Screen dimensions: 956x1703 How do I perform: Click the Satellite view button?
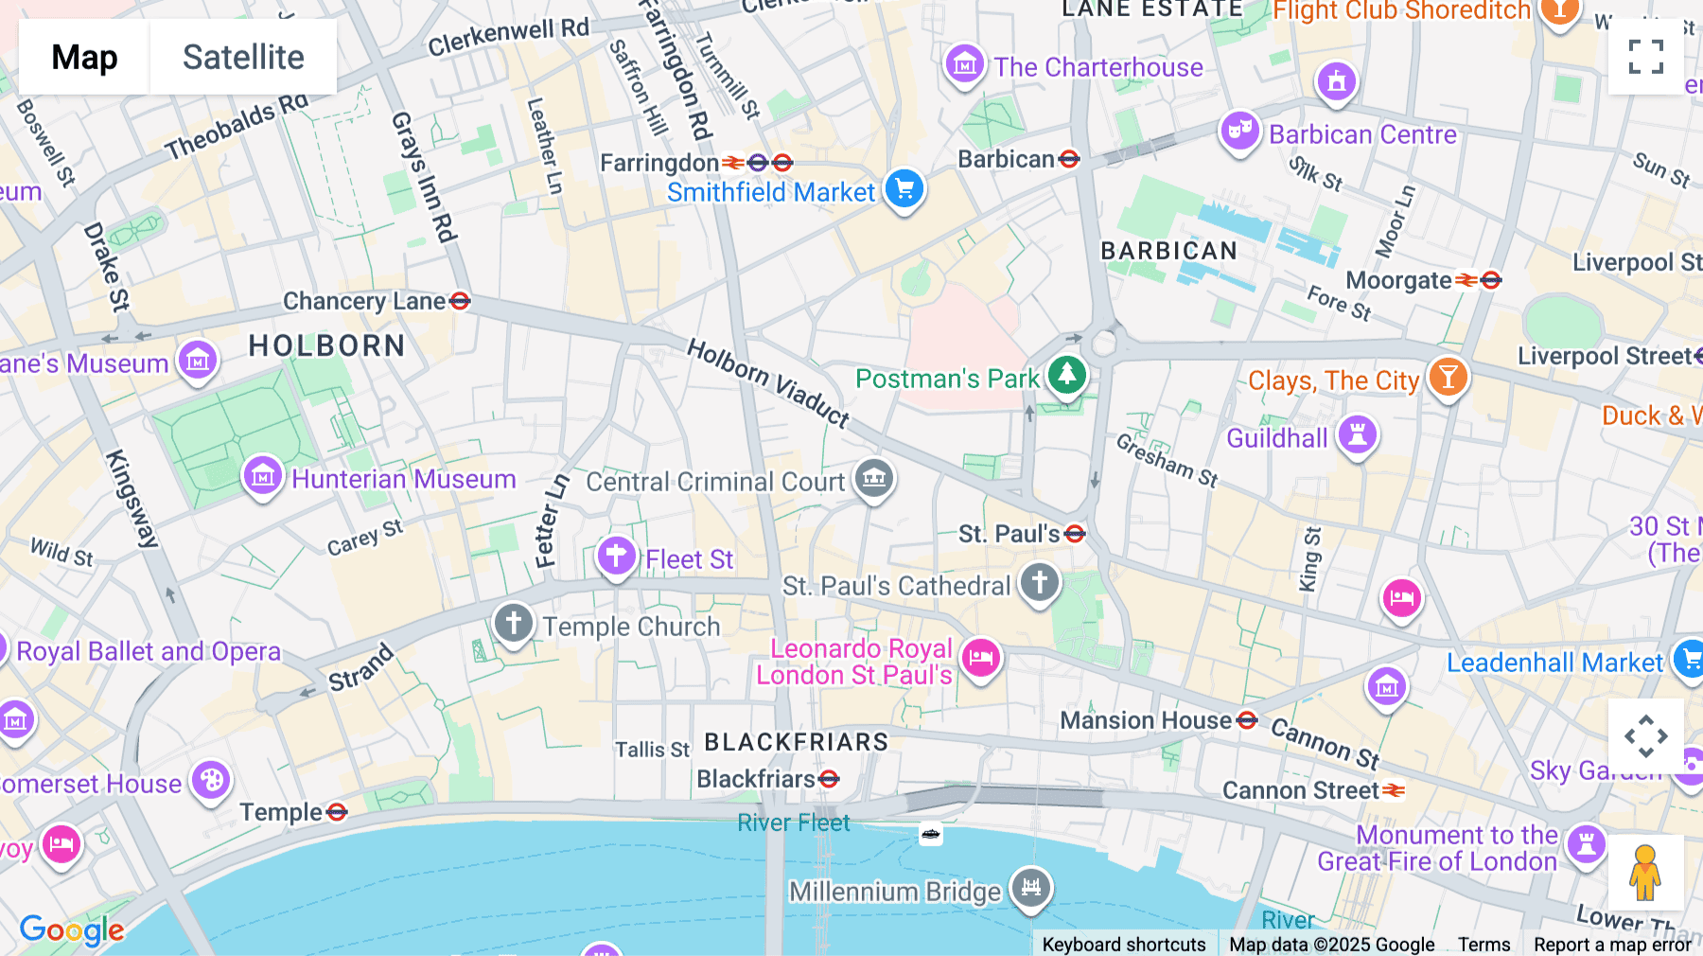(x=243, y=57)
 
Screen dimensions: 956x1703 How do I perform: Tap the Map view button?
(x=84, y=57)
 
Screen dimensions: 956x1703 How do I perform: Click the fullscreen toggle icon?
(x=1645, y=57)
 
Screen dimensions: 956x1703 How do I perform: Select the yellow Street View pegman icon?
(x=1644, y=873)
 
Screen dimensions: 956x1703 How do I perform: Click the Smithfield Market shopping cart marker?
(x=904, y=188)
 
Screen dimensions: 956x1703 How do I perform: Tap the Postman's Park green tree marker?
(x=1067, y=375)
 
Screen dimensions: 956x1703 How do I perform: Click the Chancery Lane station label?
(x=364, y=301)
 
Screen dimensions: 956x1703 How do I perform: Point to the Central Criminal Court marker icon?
(x=874, y=479)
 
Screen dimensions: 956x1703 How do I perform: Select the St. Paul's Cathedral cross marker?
(x=1040, y=582)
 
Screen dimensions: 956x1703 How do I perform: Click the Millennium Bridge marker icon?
(x=1031, y=888)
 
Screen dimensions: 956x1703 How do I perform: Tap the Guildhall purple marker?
(x=1358, y=435)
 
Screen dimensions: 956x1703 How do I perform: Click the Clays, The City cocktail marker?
(x=1448, y=377)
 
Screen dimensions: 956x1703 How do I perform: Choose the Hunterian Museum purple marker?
(x=263, y=476)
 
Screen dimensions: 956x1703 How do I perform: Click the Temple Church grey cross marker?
(x=514, y=624)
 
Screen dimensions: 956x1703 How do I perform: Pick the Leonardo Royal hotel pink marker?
(x=981, y=658)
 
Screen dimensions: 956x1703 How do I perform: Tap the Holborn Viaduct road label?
(x=767, y=382)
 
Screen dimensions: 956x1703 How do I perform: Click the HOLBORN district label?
(x=326, y=345)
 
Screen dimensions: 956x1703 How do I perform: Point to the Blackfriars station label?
(x=756, y=779)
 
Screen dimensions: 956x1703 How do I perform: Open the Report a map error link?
(x=1612, y=944)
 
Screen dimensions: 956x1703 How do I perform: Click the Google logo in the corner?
(x=72, y=929)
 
